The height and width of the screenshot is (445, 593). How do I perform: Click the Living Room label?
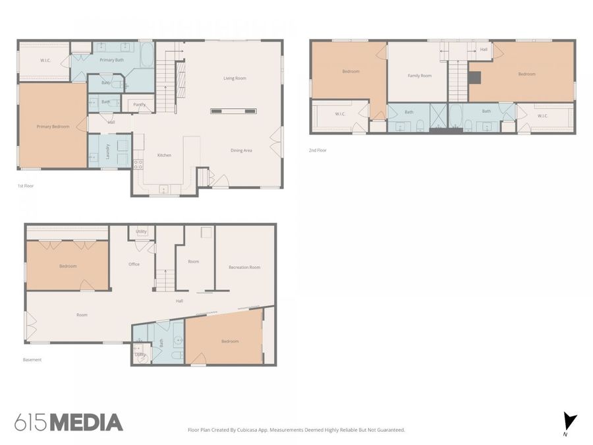[x=235, y=78]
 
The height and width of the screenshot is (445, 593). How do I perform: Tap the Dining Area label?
[x=241, y=150]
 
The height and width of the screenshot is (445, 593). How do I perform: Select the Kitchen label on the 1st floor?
[x=164, y=155]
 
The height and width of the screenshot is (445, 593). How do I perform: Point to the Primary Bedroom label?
[x=53, y=127]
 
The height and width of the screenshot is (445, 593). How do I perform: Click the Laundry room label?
[x=108, y=151]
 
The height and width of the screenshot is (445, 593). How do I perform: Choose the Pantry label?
[x=139, y=104]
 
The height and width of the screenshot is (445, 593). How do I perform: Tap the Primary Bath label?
[x=111, y=60]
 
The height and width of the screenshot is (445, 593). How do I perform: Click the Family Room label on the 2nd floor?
[x=420, y=76]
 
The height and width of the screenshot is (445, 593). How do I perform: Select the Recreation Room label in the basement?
[x=244, y=267]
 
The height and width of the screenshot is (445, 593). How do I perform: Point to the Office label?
[x=134, y=264]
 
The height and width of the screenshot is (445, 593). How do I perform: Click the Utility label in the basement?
[x=141, y=231]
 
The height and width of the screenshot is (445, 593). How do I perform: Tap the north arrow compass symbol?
[x=569, y=421]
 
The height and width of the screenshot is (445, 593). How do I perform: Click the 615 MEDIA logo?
[x=69, y=423]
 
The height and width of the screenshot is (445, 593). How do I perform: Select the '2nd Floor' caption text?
[x=318, y=150]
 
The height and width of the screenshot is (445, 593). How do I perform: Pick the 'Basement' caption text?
[x=32, y=360]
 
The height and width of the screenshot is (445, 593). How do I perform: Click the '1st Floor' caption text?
[x=26, y=186]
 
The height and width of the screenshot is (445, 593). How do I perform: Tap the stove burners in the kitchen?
[x=138, y=164]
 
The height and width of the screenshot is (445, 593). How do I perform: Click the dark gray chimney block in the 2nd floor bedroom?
[x=474, y=77]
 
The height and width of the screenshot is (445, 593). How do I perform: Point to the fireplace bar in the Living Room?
[x=233, y=111]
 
